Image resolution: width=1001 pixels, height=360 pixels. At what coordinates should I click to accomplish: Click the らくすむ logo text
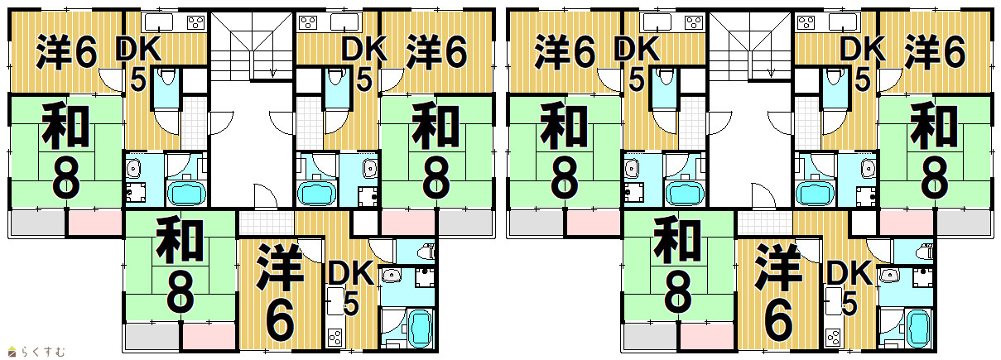[x=41, y=352]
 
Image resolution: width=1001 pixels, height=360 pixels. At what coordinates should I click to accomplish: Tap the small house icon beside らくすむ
[x=12, y=353]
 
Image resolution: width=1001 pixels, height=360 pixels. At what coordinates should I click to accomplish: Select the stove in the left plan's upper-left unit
[x=196, y=22]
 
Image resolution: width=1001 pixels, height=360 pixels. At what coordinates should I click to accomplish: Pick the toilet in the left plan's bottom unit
[x=426, y=252]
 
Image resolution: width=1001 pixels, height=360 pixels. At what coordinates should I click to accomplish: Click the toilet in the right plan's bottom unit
[x=924, y=252]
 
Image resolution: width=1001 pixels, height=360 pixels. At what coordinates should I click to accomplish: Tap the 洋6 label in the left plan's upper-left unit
[x=66, y=52]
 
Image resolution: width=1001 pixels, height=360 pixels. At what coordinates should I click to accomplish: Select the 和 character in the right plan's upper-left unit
[x=564, y=125]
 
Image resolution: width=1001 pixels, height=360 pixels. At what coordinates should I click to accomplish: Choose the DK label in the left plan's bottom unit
[x=351, y=274]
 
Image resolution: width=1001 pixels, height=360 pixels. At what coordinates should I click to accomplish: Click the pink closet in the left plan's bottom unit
[x=209, y=336]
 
